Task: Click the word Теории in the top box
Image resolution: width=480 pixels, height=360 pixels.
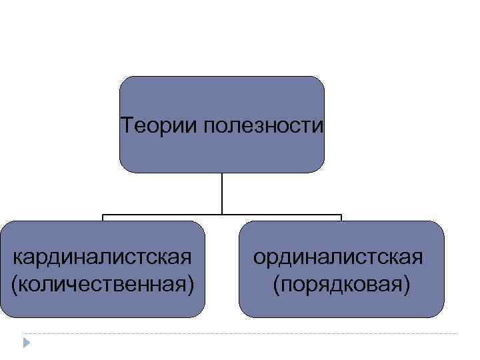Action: [x=157, y=125]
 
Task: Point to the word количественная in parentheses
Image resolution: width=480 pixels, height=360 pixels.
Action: [x=103, y=285]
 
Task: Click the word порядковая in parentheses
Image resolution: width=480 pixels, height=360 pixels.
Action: [x=341, y=285]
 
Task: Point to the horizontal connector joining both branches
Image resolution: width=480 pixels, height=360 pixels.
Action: [x=280, y=215]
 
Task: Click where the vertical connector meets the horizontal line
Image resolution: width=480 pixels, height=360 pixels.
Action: [x=221, y=215]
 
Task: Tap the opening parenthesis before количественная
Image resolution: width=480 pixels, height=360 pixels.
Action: [x=15, y=285]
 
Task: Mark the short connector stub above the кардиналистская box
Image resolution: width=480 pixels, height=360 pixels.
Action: [x=103, y=217]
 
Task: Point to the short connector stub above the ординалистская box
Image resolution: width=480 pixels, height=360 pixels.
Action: [x=341, y=217]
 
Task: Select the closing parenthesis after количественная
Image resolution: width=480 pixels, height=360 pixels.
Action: [x=191, y=285]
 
